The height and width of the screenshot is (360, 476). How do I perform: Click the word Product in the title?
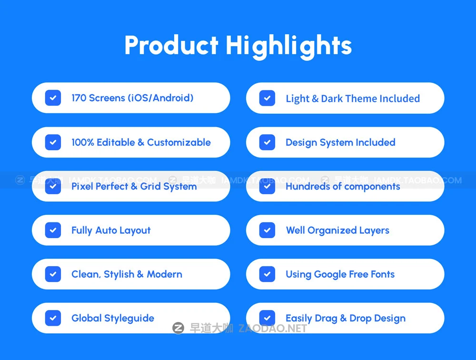coord(171,46)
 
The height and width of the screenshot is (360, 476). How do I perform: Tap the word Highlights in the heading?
coord(288,46)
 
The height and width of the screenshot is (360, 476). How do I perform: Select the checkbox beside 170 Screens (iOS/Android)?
coord(53,98)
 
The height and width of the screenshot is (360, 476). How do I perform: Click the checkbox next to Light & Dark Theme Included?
coord(267,98)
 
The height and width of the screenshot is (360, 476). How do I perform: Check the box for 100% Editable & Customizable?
coord(53,142)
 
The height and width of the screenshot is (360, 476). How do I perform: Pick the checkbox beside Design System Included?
coord(267,142)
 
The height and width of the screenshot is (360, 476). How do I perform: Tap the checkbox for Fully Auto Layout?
coord(53,230)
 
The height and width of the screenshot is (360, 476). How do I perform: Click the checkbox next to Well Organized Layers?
coord(267,230)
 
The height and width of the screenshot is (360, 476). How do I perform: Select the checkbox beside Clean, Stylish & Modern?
coord(53,274)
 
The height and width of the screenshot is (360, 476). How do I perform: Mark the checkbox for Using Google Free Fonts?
coord(267,274)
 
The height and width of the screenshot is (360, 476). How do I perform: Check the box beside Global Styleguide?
coord(53,318)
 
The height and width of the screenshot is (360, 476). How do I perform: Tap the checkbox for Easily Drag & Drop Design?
coord(267,318)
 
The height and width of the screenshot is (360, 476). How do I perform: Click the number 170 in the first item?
coord(79,98)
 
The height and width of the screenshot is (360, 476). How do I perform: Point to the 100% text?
coord(83,142)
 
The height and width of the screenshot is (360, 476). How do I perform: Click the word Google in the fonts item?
coord(330,275)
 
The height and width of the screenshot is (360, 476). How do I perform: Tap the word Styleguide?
coord(129,319)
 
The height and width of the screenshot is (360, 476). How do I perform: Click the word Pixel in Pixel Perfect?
coord(82,187)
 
